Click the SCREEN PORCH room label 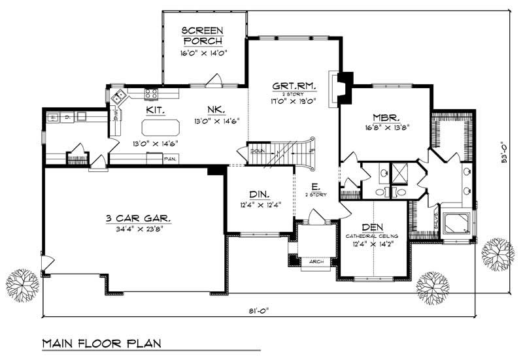[203, 37]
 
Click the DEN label [372, 227]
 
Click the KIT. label [155, 111]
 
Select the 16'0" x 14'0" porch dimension [203, 54]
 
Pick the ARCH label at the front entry [316, 261]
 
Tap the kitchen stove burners [150, 93]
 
